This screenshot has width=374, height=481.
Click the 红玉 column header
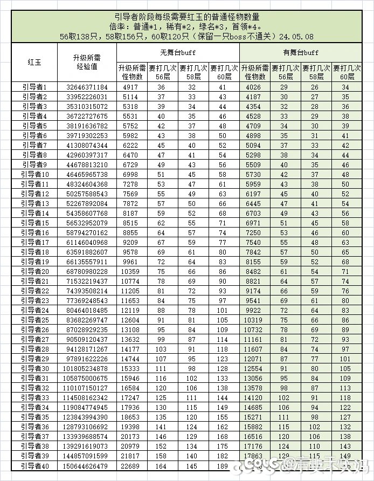click(x=34, y=62)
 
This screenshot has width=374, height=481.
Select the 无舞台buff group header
click(x=177, y=52)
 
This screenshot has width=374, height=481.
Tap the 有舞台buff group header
click(x=300, y=52)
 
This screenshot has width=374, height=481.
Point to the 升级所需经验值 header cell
click(x=87, y=62)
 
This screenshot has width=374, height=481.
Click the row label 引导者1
click(x=34, y=87)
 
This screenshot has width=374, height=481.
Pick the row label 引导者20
click(x=34, y=271)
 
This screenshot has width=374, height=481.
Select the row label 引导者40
click(x=34, y=466)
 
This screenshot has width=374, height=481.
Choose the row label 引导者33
click(x=34, y=397)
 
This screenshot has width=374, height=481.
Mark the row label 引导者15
click(x=34, y=223)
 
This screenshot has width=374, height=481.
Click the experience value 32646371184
click(x=87, y=87)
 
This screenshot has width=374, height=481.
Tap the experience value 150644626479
click(x=87, y=466)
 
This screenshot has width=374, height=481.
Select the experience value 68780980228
click(x=87, y=271)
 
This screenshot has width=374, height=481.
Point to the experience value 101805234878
click(x=87, y=368)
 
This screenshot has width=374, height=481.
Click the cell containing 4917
click(x=131, y=87)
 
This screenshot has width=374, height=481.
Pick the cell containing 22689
click(x=131, y=466)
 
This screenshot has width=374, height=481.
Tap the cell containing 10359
click(x=131, y=271)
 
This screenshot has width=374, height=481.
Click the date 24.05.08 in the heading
click(x=294, y=36)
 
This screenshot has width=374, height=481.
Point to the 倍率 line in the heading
click(x=186, y=26)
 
